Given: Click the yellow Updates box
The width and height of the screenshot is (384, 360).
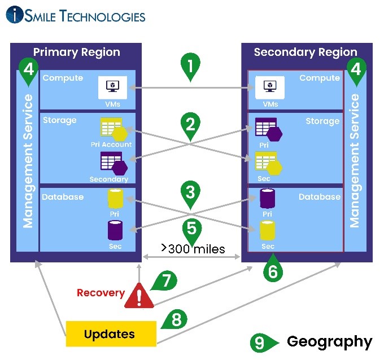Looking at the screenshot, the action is (111, 334).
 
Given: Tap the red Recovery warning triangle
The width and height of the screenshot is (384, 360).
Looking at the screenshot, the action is (139, 295).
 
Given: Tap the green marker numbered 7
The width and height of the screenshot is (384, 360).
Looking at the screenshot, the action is (165, 280).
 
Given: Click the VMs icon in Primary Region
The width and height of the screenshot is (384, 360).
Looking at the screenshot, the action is (112, 87).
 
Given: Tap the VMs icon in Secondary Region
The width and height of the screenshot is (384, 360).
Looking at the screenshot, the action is (270, 87).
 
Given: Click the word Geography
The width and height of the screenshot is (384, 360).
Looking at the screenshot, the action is (330, 343).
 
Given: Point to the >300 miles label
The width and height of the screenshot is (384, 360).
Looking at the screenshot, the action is (193, 249).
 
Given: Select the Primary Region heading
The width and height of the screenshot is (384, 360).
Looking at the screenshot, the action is (77, 52).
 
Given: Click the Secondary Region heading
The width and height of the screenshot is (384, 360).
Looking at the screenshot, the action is (306, 52).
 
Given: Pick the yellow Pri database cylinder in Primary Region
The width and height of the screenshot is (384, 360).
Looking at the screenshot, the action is (115, 199).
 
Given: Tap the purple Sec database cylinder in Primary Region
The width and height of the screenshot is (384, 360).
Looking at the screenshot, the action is (115, 230).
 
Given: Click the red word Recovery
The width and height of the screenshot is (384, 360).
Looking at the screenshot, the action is (101, 293).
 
